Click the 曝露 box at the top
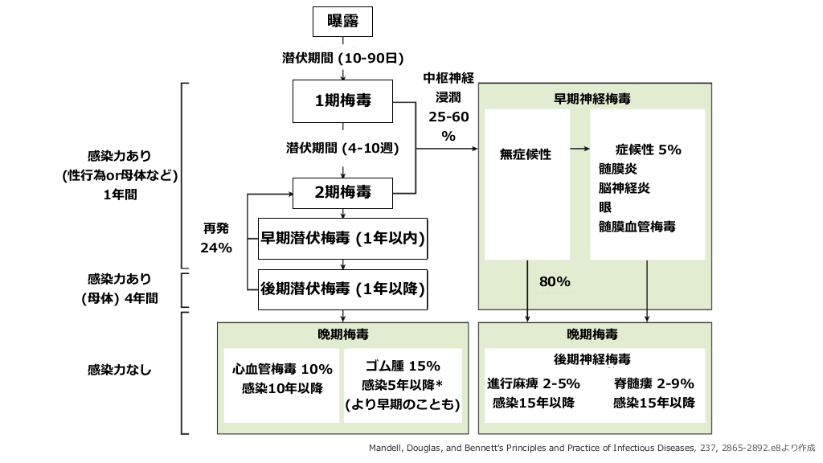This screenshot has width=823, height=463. coord(343,21)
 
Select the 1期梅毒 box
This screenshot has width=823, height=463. coord(342,101)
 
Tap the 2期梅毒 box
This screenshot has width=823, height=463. coord(342,192)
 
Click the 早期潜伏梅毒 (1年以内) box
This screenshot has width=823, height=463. coord(342,238)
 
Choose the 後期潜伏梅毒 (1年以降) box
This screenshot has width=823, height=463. coord(342,289)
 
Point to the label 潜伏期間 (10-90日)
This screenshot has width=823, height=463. coord(342,59)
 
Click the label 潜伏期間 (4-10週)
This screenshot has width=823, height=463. coord(342,149)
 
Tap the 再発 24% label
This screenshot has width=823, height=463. coord(216,239)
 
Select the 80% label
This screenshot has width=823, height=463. coord(555,282)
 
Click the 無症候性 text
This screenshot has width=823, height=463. coord(526,154)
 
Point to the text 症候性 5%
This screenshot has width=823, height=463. coord(648,150)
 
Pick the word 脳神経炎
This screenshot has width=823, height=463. coord(624,188)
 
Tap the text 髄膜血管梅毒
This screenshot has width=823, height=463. coord(637,227)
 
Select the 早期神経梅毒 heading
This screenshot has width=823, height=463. coord(592,100)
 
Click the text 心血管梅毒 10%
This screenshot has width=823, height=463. coord(282,369)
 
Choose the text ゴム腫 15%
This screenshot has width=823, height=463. coord(402,365)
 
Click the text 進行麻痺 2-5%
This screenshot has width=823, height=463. coord(534,383)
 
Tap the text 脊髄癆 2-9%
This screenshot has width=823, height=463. coord(653,383)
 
